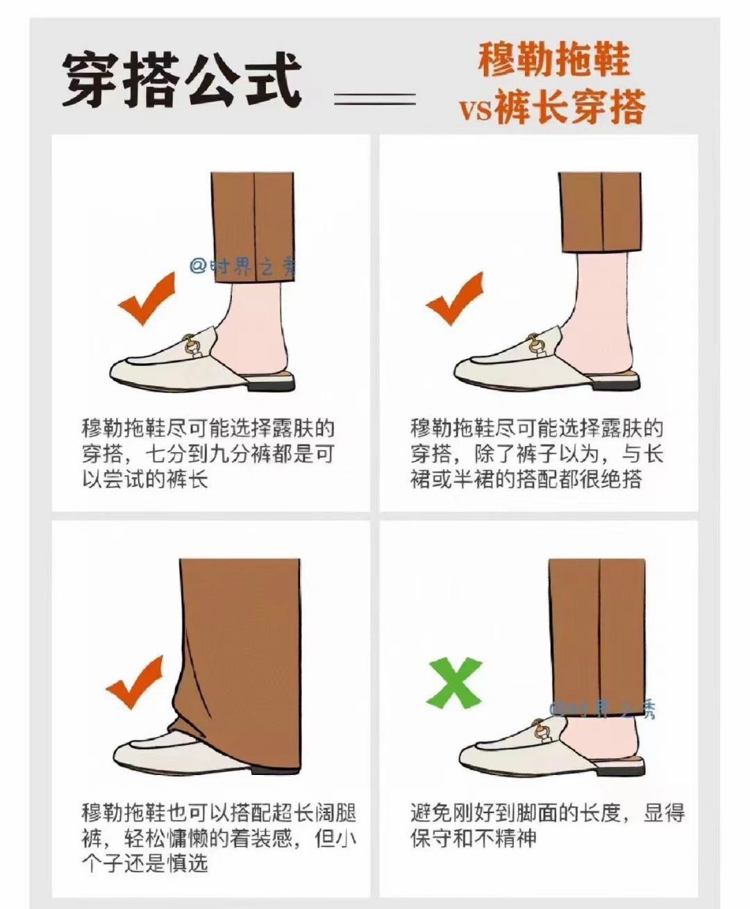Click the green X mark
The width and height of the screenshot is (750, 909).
tap(454, 683)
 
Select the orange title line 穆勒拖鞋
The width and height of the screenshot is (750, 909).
tap(553, 60)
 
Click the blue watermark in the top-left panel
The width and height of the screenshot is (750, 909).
tap(242, 266)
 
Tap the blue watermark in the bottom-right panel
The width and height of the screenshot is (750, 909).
tap(602, 709)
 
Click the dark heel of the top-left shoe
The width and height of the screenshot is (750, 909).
tap(270, 387)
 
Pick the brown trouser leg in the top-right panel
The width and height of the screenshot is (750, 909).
tap(599, 212)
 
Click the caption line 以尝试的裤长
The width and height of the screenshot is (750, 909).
tap(144, 480)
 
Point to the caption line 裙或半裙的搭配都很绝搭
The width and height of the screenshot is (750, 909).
tap(526, 480)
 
